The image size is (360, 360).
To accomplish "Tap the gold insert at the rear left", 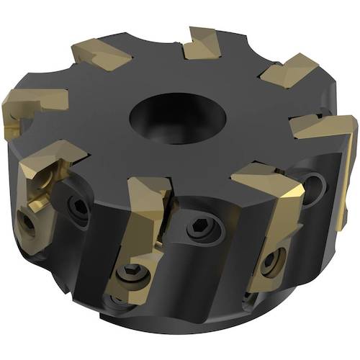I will pos(101,55).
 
